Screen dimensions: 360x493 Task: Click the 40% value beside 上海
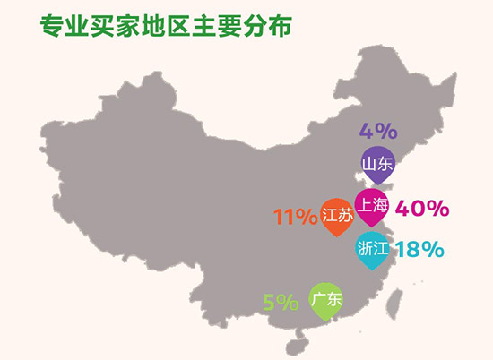[x=421, y=209]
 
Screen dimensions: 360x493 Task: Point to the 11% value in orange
[x=295, y=217]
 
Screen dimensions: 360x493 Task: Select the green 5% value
[x=281, y=303]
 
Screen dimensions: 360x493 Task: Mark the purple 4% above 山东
[x=377, y=131]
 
